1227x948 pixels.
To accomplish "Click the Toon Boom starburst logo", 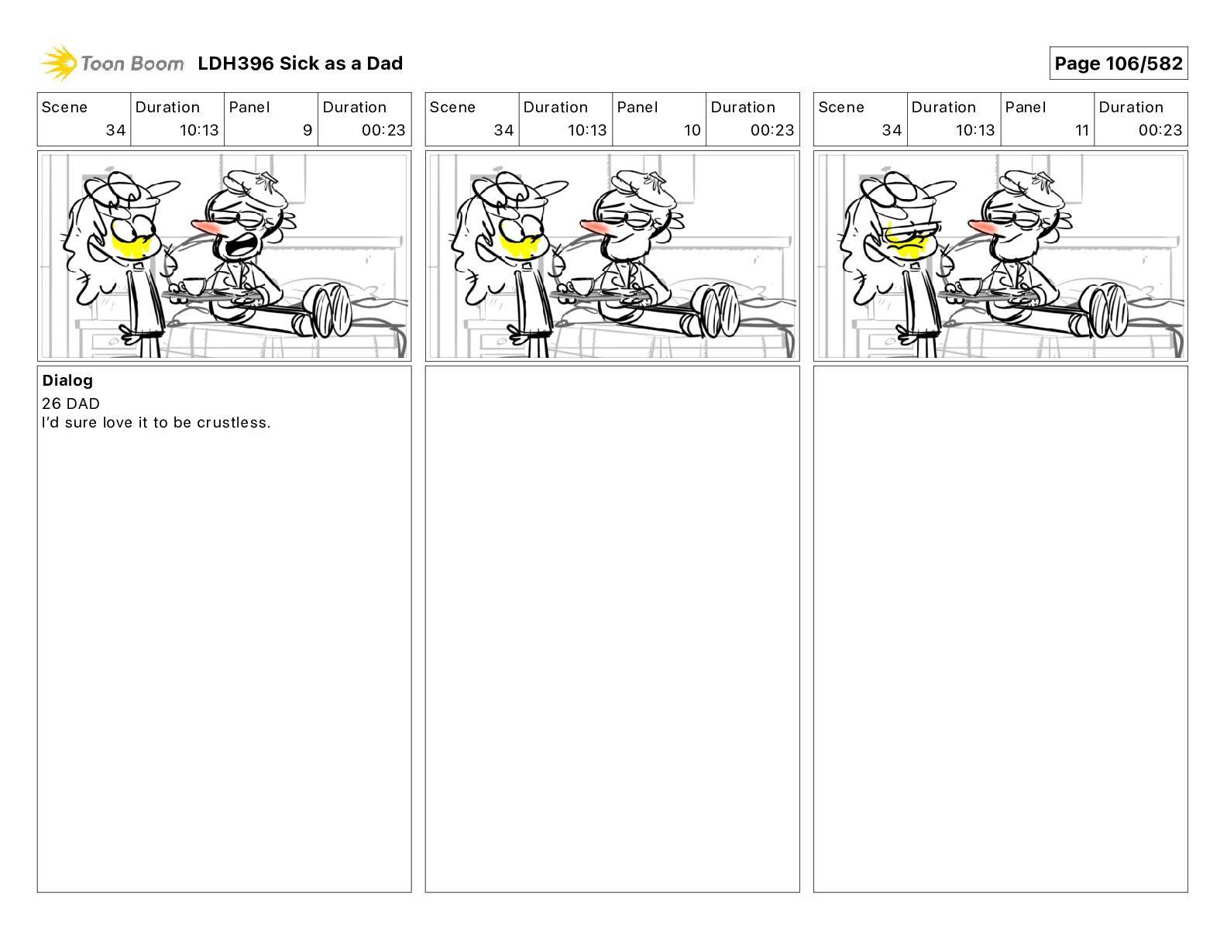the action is pos(59,63).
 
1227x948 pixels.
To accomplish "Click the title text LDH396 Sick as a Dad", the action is pos(301,64).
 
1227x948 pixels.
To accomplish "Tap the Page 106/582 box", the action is pos(1118,64).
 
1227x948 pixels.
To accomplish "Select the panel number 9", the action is pos(308,130).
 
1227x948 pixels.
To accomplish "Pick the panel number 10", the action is pos(693,130).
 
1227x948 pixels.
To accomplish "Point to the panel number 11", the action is pos(1081,130).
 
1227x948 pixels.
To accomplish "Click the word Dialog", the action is pos(67,380).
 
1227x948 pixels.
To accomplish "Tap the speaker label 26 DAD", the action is pos(70,404).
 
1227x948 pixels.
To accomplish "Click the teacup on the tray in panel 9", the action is pos(193,286).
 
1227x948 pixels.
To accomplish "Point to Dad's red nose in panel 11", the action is pos(983,228).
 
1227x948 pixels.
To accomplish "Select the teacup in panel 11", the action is pos(970,286).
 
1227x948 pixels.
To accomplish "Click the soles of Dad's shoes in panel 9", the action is pos(328,311).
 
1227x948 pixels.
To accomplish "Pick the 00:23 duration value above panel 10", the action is pos(772,130).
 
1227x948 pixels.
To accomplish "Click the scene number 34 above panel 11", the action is pos(892,130).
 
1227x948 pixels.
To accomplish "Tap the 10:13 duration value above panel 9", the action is pos(199,130).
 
